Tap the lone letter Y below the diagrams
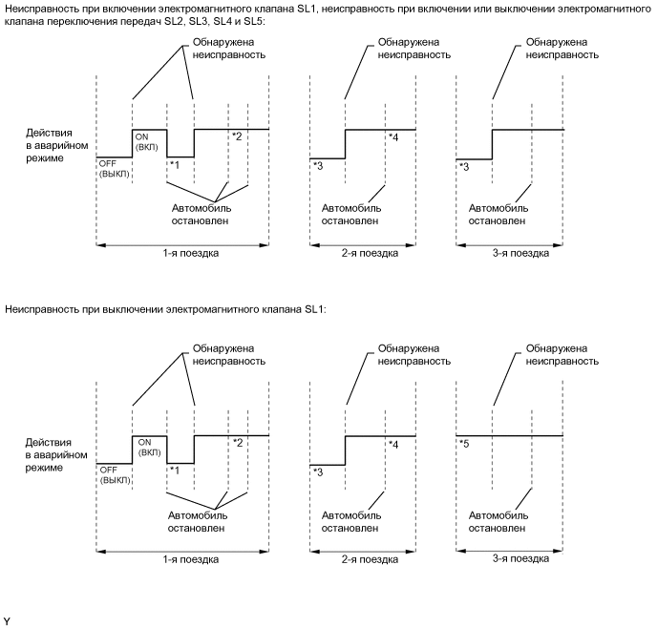[7, 620]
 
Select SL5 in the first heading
[247, 20]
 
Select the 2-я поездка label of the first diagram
[363, 253]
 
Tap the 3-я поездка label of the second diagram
[510, 558]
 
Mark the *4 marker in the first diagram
[393, 136]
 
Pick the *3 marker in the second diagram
[317, 471]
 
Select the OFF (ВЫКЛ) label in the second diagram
[113, 473]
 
